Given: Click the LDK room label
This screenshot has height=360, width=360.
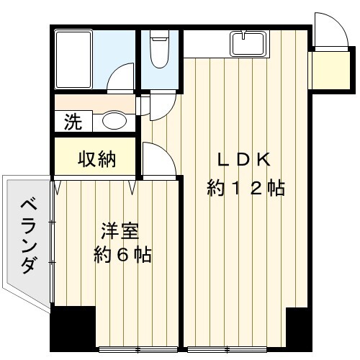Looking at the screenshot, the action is point(244,160).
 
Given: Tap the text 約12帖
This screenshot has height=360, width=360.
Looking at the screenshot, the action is point(246,188).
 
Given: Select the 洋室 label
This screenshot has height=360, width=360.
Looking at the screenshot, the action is point(120,231).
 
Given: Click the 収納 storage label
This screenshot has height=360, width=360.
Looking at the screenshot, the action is point(97,159).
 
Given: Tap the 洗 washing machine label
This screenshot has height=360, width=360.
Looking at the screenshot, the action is point(73,122).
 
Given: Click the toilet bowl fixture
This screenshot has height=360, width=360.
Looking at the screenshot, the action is point(159,50).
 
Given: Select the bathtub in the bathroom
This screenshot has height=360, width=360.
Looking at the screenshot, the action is point(73,59).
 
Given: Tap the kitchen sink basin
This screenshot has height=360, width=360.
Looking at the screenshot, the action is point(248,44).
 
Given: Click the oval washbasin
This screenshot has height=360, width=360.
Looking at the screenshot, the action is point(114,120).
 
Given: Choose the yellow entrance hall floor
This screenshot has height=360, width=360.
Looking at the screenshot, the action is point(330,70).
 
